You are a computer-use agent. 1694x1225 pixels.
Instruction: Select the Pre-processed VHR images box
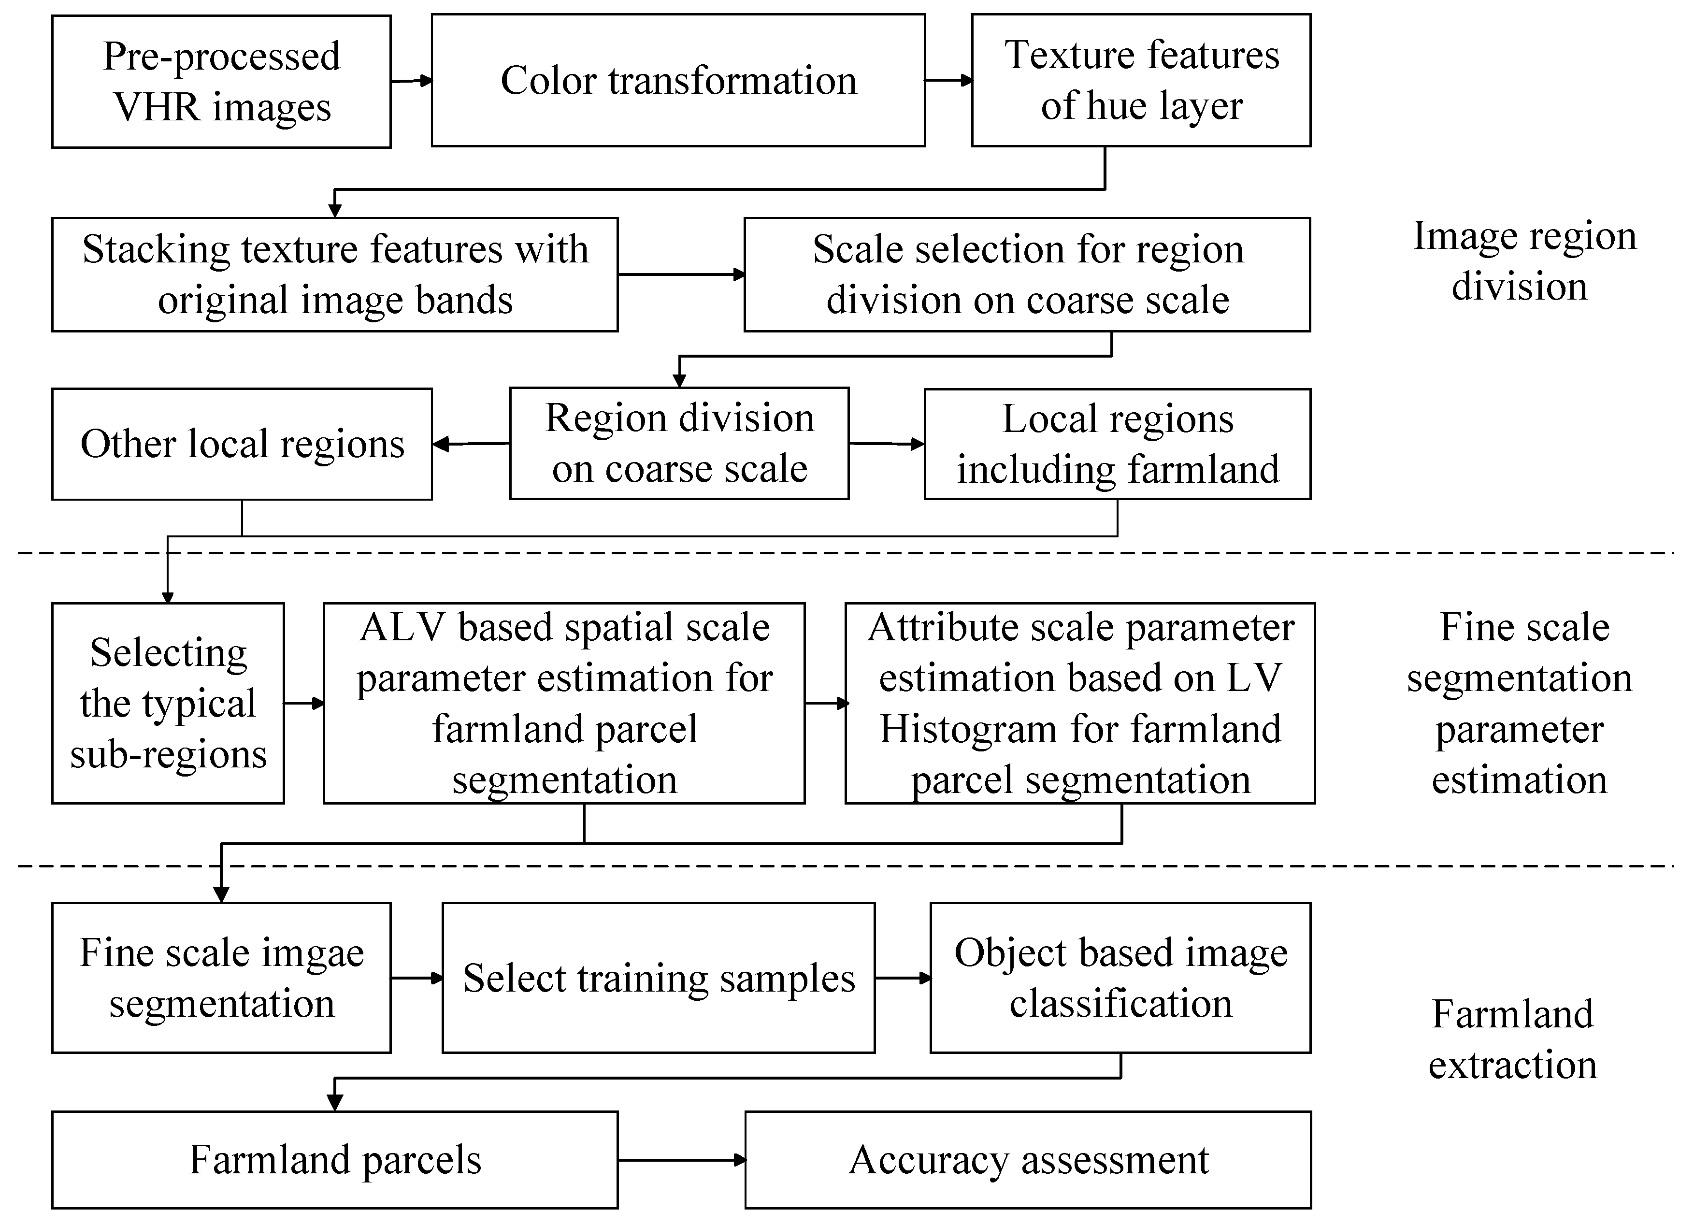pos(221,81)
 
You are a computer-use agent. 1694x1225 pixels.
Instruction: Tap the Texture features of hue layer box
pos(1141,80)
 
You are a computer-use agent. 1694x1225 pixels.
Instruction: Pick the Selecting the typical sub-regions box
pos(168,703)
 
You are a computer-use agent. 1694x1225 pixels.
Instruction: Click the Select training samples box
pos(658,978)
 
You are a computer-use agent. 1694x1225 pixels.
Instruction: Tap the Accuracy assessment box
pos(1028,1159)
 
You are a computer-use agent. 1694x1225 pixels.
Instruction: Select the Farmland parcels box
pos(335,1159)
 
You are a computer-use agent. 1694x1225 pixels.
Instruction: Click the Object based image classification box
pos(1120,978)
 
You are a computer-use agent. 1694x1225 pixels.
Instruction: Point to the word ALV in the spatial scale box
pos(403,627)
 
